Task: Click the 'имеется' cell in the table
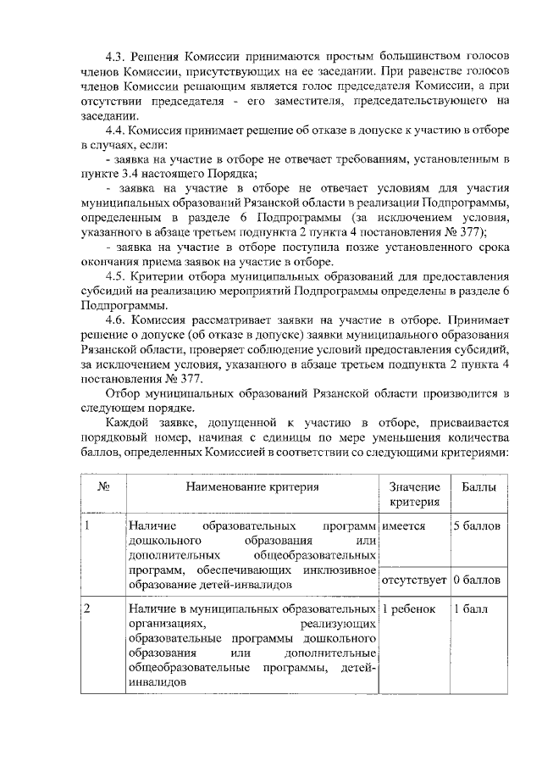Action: tap(405, 525)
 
